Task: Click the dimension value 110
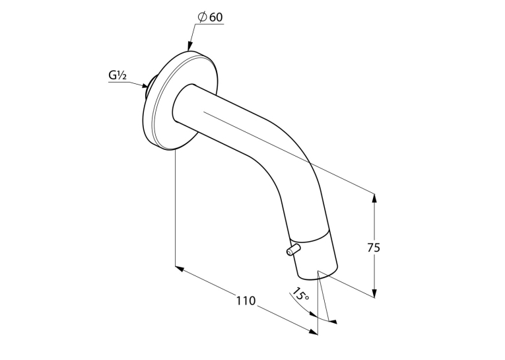pos(246,301)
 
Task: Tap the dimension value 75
pos(374,248)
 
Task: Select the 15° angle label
pos(300,294)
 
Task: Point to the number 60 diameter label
pos(216,17)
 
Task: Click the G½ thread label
pos(118,75)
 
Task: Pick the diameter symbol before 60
pos(202,17)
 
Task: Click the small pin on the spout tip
pos(292,250)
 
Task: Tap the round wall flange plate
pos(178,100)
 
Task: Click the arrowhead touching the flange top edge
pos(190,46)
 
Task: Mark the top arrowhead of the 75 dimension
pos(374,198)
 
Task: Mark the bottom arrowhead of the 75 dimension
pos(374,293)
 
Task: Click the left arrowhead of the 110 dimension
pos(180,269)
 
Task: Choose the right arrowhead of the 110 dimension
pos(313,332)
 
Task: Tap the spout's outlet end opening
pos(318,273)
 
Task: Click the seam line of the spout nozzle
pos(309,238)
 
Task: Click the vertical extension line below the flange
pos(175,208)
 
